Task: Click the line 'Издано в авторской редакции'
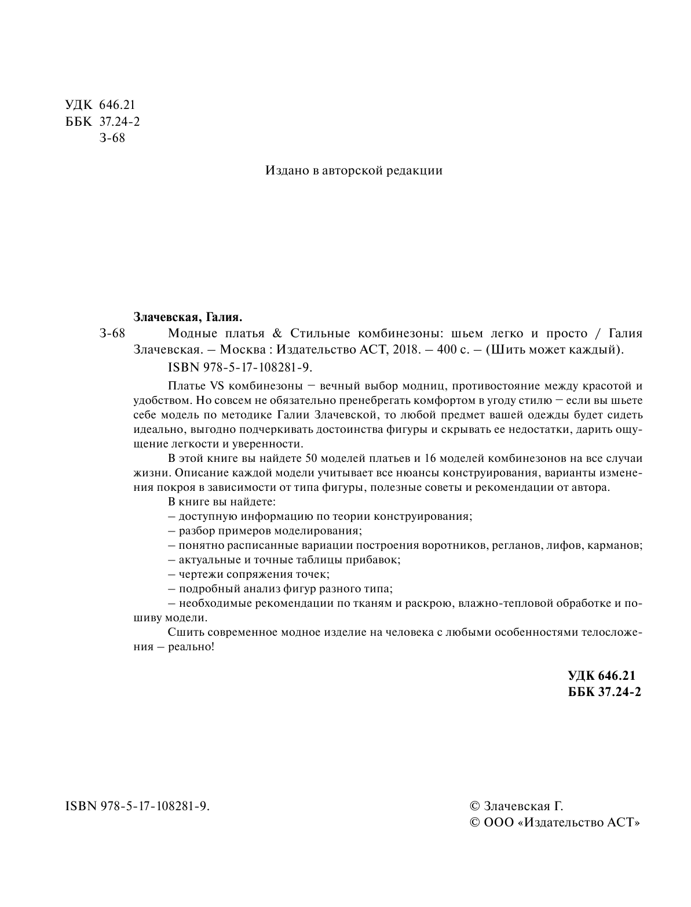353,170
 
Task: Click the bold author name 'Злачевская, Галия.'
188,317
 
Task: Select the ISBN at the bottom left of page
138,806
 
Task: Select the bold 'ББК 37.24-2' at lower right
605,692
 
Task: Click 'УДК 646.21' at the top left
100,105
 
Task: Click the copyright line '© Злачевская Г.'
515,806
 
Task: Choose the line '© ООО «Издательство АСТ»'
554,823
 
